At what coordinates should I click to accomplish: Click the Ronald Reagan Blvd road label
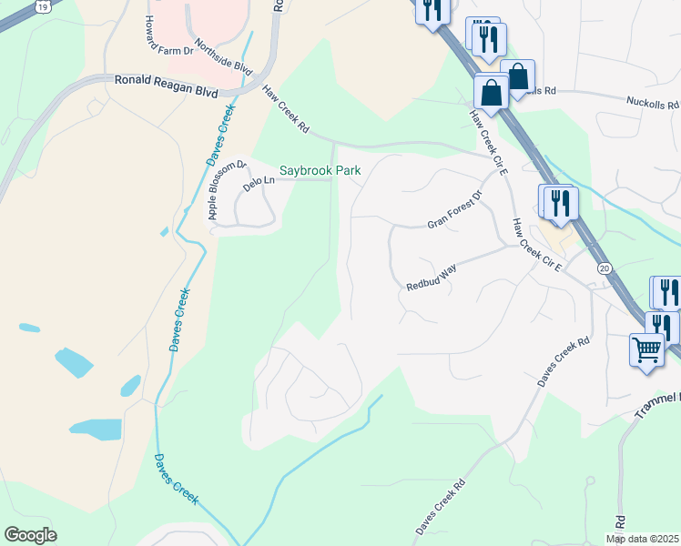tap(167, 80)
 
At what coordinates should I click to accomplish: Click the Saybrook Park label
tap(320, 170)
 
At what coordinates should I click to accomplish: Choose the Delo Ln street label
tap(258, 183)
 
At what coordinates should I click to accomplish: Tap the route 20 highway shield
tap(604, 268)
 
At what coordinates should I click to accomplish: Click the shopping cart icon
tap(646, 349)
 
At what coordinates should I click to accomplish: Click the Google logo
tap(30, 535)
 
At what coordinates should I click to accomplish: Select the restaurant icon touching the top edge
tap(431, 9)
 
